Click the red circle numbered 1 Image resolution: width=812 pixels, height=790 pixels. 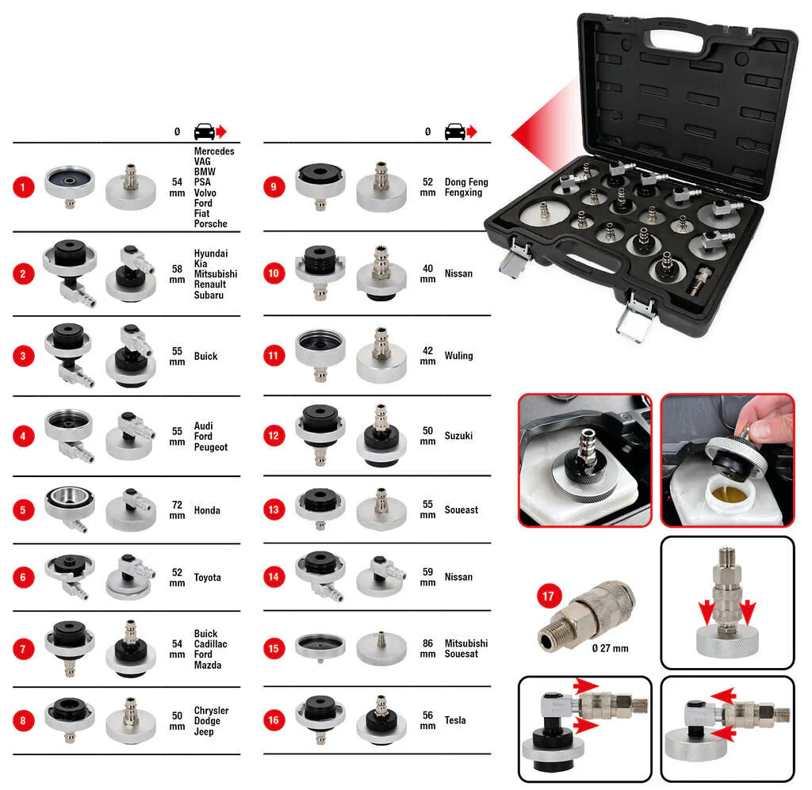tap(23, 187)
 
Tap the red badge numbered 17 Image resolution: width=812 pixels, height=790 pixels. tap(549, 597)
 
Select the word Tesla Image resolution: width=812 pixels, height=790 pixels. tap(455, 720)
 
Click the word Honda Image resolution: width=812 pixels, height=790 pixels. tap(207, 510)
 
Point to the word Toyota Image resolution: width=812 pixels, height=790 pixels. tap(207, 578)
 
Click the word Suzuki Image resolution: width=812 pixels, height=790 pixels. tap(459, 436)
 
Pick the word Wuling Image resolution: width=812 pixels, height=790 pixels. tap(459, 356)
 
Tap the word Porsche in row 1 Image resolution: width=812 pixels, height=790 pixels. tap(211, 223)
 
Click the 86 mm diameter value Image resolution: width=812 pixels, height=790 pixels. tap(427, 648)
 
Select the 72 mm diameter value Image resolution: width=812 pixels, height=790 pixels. tap(177, 510)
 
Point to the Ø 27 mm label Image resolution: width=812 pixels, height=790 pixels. tap(610, 648)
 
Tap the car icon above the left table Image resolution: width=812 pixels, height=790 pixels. tap(205, 132)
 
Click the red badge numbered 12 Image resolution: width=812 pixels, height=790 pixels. tap(274, 436)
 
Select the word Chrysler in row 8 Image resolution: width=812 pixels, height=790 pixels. tap(211, 710)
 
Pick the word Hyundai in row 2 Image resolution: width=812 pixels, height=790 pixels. tap(211, 254)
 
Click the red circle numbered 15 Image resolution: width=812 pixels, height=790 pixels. tap(274, 649)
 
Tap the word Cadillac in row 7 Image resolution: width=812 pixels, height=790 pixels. tap(210, 644)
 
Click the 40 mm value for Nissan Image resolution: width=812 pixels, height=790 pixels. tap(427, 273)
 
